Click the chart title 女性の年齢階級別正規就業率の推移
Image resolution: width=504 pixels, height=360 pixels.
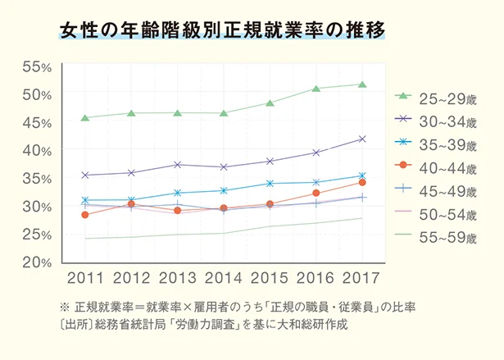[221, 31]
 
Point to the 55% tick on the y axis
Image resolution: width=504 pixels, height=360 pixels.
[37, 66]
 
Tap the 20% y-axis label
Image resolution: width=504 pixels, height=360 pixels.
[37, 262]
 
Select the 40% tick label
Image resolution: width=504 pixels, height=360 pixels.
[37, 151]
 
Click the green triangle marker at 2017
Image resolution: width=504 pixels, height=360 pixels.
[362, 84]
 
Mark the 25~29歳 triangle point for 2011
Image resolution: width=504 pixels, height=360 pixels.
[85, 117]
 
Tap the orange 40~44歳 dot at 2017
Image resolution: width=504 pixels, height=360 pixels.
[362, 182]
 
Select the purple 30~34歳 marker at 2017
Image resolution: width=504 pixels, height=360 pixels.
[362, 139]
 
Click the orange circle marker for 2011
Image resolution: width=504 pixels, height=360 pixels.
[85, 215]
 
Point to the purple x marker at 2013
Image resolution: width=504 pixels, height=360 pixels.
[178, 164]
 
